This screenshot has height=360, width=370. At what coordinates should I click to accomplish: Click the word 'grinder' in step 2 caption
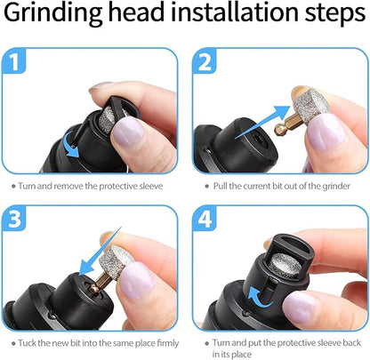click(330, 185)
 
